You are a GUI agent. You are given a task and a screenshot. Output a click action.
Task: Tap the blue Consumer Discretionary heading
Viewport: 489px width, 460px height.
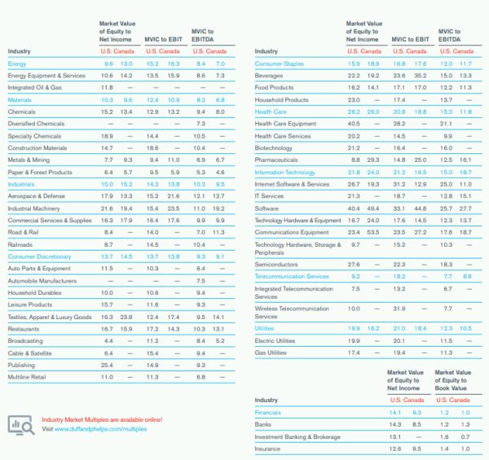coord(39,256)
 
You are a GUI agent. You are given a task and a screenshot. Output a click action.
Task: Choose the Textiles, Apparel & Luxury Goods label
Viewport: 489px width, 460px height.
coord(49,317)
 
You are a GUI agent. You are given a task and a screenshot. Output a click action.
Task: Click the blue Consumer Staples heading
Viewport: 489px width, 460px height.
coord(279,63)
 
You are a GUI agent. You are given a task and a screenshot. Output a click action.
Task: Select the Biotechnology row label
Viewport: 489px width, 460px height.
coord(273,148)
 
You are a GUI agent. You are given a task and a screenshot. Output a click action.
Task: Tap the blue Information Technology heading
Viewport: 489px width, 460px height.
coord(284,173)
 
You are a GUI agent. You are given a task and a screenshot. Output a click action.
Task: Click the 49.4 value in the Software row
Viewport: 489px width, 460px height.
coord(373,208)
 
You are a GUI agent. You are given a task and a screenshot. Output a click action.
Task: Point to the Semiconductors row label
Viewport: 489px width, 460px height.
coord(275,265)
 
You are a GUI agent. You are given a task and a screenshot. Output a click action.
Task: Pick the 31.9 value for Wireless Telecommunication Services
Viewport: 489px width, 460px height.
coord(399,309)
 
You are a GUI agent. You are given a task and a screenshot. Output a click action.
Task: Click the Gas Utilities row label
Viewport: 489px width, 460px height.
coord(271,353)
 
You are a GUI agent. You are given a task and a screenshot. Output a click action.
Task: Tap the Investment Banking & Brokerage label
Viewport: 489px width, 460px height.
coord(297,436)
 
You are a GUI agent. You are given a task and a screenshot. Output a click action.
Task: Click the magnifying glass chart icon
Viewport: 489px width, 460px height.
coord(20,424)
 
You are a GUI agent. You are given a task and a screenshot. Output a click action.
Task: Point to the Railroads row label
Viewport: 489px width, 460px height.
coord(21,244)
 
